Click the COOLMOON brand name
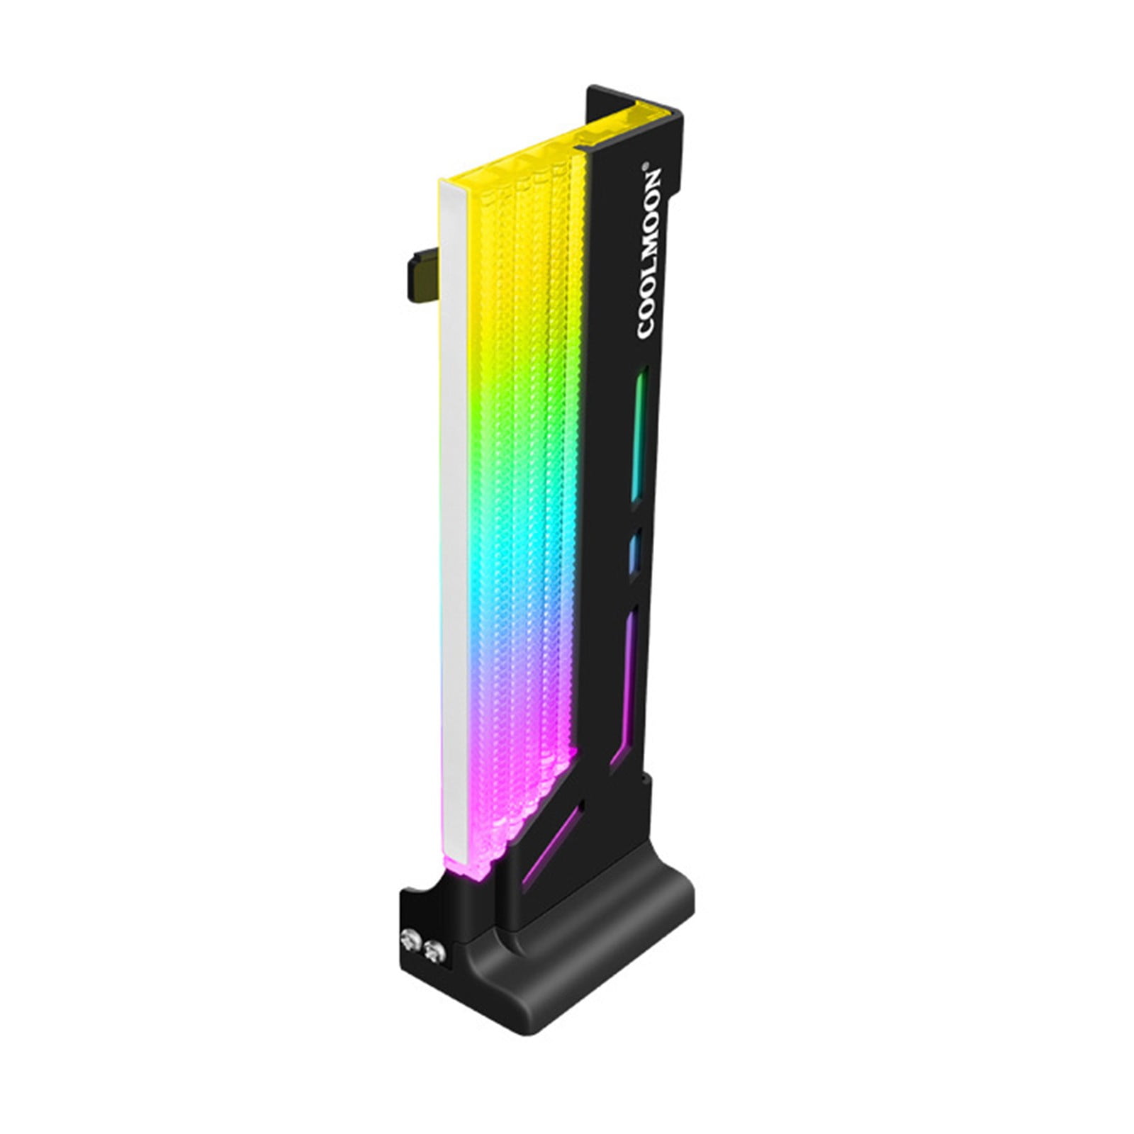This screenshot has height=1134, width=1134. click(650, 253)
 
